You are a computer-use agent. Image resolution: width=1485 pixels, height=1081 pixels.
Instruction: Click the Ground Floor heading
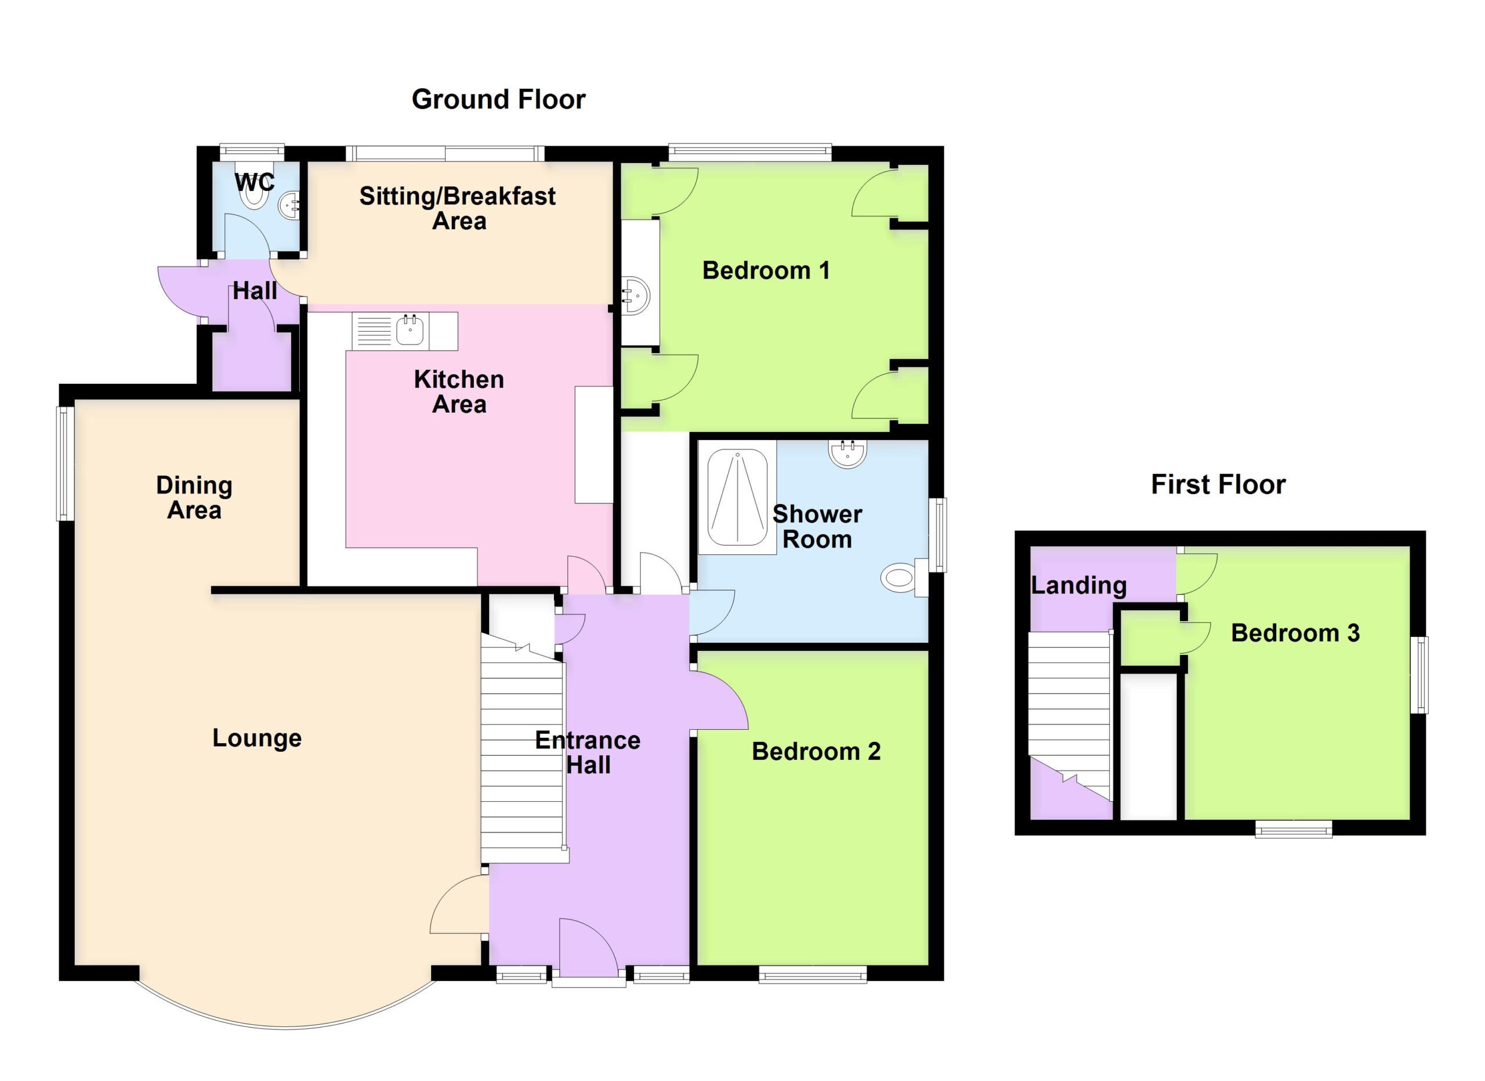[x=498, y=100]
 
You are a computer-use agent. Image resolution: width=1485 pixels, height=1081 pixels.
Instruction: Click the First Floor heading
[x=1218, y=485]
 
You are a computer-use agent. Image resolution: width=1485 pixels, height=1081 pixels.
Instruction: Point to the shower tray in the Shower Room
[x=737, y=498]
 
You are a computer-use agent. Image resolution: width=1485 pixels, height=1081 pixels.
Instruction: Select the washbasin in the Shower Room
[x=849, y=454]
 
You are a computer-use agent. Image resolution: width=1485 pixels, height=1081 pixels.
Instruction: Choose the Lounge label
[x=256, y=738]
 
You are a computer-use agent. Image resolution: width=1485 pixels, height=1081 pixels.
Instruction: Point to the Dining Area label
[x=194, y=498]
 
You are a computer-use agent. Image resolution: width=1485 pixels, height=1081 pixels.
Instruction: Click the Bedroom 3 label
[x=1295, y=633]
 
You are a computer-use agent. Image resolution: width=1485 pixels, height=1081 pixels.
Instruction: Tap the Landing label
[x=1078, y=585]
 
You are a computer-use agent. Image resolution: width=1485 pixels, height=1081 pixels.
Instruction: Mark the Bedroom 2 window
[x=813, y=975]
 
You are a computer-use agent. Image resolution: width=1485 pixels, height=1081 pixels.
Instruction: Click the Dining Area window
[x=66, y=464]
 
